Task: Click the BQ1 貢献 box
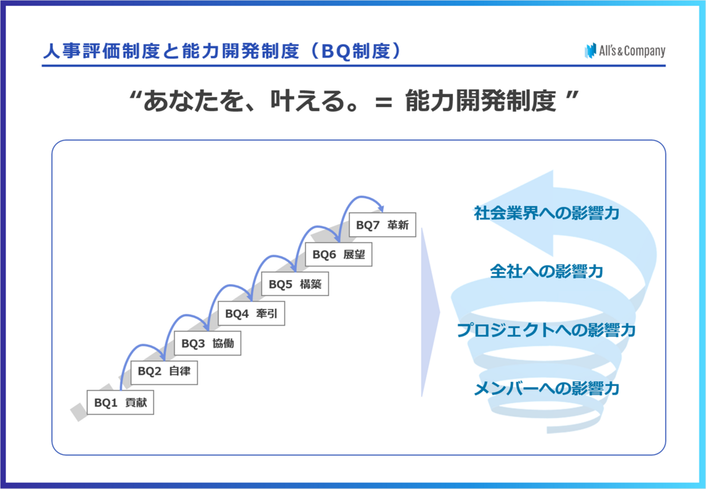120,403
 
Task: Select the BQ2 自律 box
164,372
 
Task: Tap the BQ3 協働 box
207,343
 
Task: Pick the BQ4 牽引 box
251,314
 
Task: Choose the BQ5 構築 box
295,284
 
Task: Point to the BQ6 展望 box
338,255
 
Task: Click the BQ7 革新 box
382,225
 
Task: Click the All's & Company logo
625,51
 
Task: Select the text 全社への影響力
546,271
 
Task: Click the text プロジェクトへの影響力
546,330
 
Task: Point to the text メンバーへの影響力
546,388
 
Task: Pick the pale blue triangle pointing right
429,312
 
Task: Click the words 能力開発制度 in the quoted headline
480,101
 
